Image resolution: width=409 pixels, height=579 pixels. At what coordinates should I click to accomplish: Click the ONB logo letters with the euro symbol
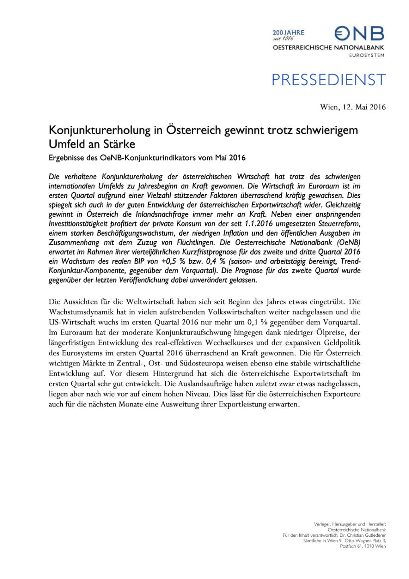[359, 33]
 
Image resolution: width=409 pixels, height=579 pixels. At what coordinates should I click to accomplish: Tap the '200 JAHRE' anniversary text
[288, 33]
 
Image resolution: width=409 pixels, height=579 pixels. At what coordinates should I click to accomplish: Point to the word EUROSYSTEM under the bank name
[366, 55]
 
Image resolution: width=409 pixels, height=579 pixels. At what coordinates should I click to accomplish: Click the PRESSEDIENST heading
[328, 80]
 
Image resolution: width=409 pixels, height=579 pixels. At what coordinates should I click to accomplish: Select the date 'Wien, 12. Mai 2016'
[353, 107]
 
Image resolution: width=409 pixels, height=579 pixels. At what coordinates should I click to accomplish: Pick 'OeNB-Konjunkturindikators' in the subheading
[148, 158]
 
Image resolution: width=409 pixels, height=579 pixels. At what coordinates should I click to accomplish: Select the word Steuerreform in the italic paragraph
[339, 224]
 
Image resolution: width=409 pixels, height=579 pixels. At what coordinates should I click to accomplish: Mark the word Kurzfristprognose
[207, 252]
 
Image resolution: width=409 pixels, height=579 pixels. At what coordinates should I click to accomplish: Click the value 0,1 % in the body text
[257, 322]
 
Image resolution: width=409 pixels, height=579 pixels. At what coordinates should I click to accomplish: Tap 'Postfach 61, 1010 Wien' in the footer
[362, 546]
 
